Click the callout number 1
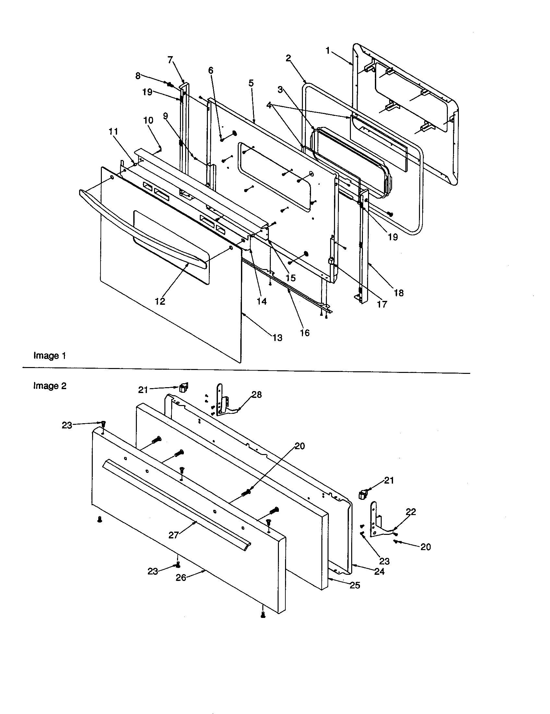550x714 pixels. (328, 51)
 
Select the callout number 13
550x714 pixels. (277, 338)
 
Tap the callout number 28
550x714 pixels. (257, 395)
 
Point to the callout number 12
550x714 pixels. (160, 301)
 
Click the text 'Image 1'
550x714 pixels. (50, 356)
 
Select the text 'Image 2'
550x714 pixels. (50, 386)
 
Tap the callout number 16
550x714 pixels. (305, 333)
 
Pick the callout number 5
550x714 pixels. (251, 83)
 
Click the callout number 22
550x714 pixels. (411, 511)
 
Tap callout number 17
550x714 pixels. (382, 304)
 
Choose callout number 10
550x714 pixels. (148, 120)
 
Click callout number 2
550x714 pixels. (288, 58)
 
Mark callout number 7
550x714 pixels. (170, 60)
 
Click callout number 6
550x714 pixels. (210, 70)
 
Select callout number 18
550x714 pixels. (399, 293)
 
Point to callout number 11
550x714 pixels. (113, 131)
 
